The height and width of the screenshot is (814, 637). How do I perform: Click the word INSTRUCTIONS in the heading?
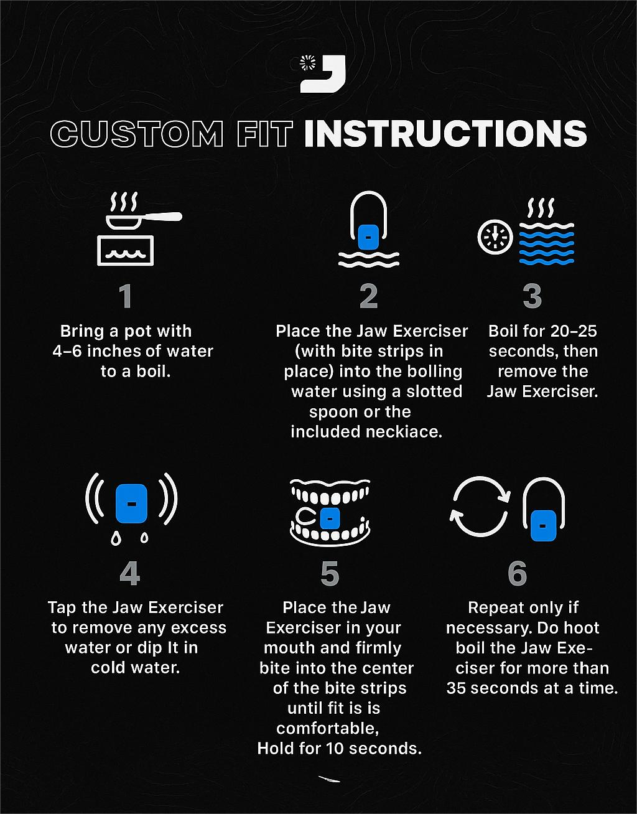445,134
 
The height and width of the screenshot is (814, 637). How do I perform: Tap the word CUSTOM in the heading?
137,134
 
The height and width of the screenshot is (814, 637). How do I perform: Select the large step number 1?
126,296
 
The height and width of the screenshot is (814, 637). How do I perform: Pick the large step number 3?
532,296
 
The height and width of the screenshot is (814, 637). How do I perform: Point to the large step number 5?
330,574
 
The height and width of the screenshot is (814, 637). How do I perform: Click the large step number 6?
517,574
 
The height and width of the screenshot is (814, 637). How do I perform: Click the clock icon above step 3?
495,236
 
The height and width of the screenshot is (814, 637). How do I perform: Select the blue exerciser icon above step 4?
131,503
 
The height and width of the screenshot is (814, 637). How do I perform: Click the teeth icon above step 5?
330,512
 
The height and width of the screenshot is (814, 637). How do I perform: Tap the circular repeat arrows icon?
480,507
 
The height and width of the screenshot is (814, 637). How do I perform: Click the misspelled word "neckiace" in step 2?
404,432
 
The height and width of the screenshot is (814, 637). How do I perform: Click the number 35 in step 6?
456,688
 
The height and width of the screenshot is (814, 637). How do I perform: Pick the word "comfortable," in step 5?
328,729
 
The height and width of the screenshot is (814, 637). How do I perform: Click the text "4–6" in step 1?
67,352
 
